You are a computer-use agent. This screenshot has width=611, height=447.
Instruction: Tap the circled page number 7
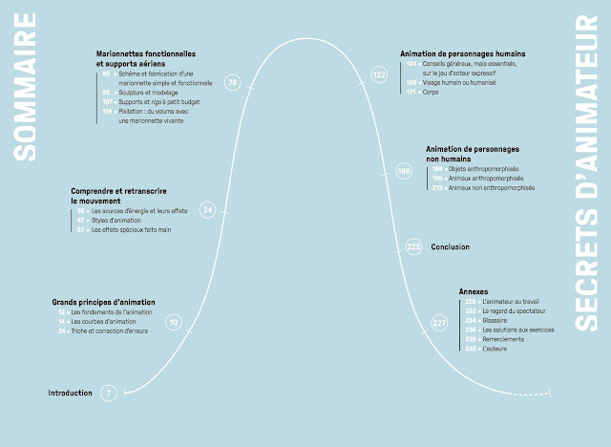pyautogui.click(x=110, y=393)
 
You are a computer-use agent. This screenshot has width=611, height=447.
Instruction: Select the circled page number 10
pyautogui.click(x=173, y=324)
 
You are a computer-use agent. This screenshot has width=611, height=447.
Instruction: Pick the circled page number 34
pyautogui.click(x=208, y=209)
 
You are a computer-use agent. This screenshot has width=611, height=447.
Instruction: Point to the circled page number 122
pyautogui.click(x=380, y=74)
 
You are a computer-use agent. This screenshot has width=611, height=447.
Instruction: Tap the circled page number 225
pyautogui.click(x=413, y=247)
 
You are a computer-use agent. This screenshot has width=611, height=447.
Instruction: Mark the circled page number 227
pyautogui.click(x=439, y=324)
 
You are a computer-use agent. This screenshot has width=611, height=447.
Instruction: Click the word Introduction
pyautogui.click(x=71, y=393)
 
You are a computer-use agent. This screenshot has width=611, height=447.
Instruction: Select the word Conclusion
pyautogui.click(x=450, y=246)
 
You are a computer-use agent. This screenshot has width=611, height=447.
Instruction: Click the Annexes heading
pyautogui.click(x=474, y=291)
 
